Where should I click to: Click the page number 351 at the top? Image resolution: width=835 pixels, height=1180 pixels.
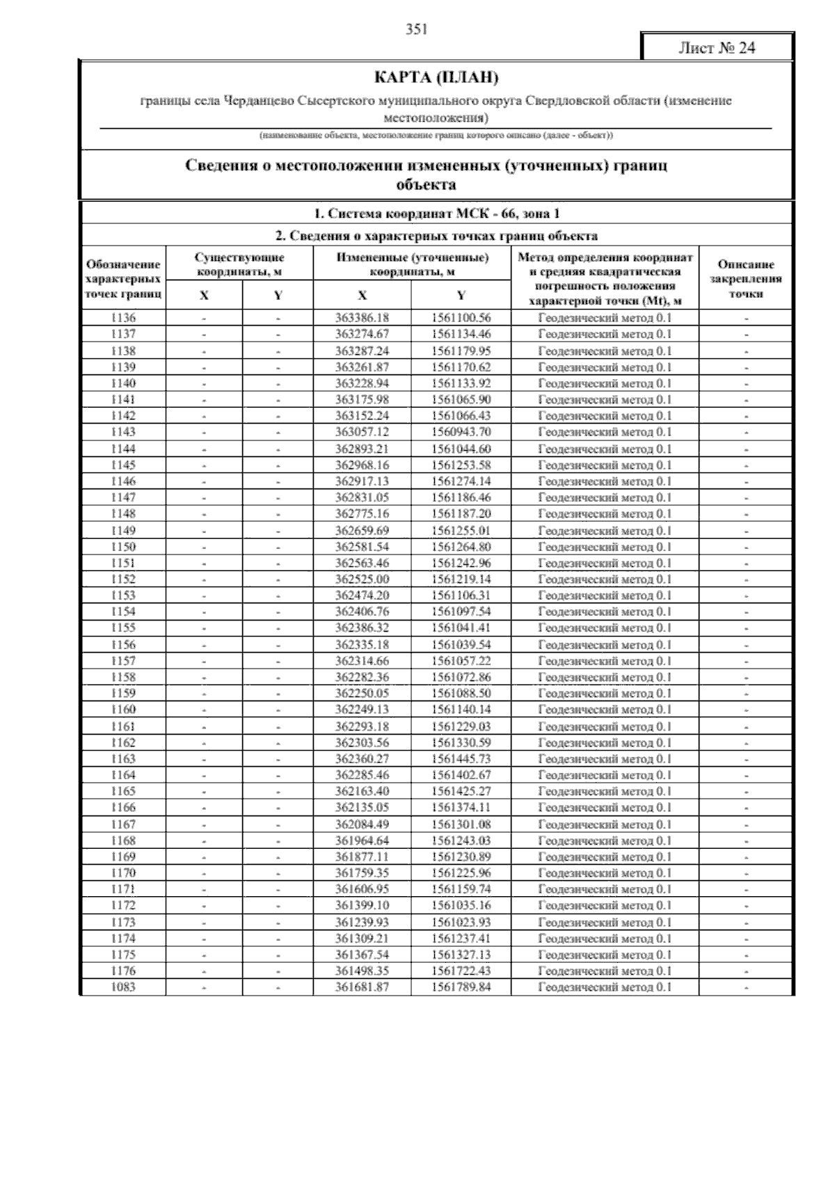pyautogui.click(x=416, y=29)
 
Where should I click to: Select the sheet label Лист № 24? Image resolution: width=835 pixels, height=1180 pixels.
pyautogui.click(x=717, y=48)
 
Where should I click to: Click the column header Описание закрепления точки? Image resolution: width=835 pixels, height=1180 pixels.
pyautogui.click(x=746, y=278)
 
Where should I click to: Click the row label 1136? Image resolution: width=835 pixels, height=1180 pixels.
pyautogui.click(x=123, y=318)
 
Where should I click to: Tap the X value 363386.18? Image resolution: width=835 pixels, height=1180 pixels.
pyautogui.click(x=362, y=318)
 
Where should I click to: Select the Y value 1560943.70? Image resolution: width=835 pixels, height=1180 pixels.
pyautogui.click(x=461, y=432)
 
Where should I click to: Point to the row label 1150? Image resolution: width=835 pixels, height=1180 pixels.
pyautogui.click(x=123, y=547)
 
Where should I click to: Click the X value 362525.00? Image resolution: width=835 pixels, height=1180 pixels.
pyautogui.click(x=362, y=580)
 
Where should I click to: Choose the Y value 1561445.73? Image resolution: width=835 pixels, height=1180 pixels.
pyautogui.click(x=461, y=759)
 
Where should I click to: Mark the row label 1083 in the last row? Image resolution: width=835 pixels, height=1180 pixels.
pyautogui.click(x=123, y=987)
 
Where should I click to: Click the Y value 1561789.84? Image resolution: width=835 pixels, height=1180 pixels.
pyautogui.click(x=461, y=987)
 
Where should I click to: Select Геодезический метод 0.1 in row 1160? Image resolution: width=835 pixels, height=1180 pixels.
pyautogui.click(x=605, y=710)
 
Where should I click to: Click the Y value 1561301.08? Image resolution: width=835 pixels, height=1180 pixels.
pyautogui.click(x=461, y=824)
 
